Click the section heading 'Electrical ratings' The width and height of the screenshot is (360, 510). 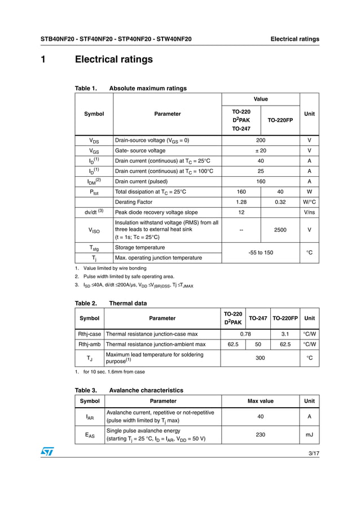point(113,59)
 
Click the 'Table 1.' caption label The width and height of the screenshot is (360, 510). point(86,88)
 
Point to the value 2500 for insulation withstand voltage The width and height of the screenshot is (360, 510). point(280,230)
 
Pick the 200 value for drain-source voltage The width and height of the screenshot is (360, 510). point(260,140)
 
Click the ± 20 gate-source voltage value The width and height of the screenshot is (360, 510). point(260,151)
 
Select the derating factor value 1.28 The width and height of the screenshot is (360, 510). point(241,202)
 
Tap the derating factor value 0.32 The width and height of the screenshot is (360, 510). point(280,202)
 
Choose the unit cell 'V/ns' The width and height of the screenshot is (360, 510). point(309,212)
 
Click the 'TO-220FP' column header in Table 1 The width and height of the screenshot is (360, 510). point(280,120)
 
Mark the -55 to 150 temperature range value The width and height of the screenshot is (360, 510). point(260,252)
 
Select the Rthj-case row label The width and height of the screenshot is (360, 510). point(90,334)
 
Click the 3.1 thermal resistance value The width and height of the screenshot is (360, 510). point(285,334)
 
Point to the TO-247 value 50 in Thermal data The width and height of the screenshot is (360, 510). point(258,344)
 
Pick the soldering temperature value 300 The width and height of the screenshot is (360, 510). point(260,358)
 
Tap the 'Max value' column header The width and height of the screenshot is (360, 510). point(260,401)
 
